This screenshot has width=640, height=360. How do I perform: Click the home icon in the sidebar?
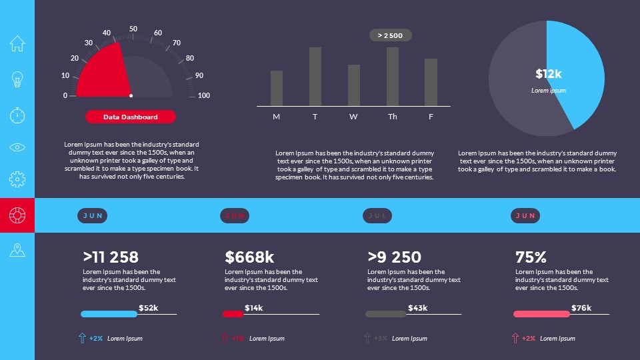point(17,43)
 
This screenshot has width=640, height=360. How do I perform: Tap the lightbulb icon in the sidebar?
point(17,79)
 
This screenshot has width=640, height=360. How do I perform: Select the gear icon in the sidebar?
point(17,179)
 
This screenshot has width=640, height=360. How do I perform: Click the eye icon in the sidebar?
point(17,147)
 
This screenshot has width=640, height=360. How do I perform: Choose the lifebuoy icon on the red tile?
point(17,215)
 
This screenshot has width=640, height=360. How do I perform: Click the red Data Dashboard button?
point(131,117)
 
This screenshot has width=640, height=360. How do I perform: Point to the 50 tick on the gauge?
point(133,29)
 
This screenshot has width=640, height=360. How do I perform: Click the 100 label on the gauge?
point(204,95)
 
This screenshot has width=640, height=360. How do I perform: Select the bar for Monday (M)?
point(277,88)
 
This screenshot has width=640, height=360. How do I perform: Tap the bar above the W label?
point(354,85)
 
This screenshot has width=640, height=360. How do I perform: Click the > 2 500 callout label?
point(391,35)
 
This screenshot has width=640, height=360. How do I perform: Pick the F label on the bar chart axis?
point(431,117)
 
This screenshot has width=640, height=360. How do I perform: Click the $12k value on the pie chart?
point(549,73)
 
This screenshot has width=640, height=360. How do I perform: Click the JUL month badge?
point(377,215)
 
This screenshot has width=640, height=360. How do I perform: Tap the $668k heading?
point(249,257)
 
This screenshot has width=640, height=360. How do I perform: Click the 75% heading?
point(531,257)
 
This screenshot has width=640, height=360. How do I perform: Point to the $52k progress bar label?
point(148,307)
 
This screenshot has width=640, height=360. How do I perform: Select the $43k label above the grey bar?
point(417,307)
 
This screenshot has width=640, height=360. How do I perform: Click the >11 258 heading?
point(111,257)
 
